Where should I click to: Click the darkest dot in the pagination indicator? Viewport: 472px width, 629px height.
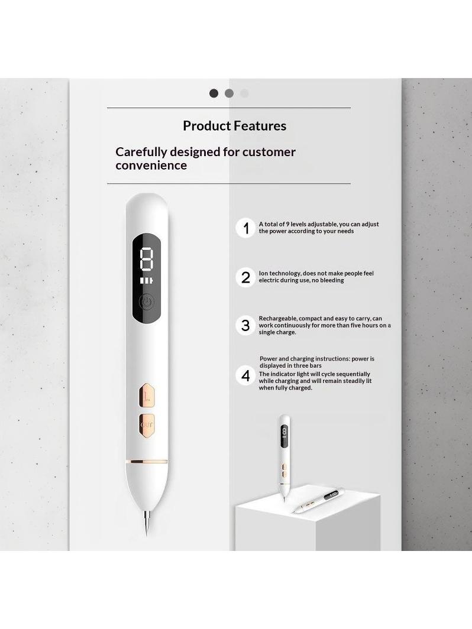(x=214, y=93)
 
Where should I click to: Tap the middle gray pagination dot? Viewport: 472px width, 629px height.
(x=229, y=93)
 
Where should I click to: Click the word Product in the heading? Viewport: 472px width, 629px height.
(x=207, y=126)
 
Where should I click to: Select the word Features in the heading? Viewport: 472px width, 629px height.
(x=260, y=126)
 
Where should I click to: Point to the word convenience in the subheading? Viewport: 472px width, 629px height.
(x=151, y=166)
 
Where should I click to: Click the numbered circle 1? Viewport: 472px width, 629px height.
(x=245, y=228)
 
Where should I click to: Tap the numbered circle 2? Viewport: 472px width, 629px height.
(x=245, y=277)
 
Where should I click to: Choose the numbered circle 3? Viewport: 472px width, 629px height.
(x=245, y=325)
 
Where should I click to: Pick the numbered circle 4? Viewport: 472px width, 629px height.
(x=245, y=376)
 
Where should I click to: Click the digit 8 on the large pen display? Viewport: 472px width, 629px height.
(x=147, y=258)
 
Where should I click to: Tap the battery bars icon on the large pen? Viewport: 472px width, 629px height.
(x=147, y=280)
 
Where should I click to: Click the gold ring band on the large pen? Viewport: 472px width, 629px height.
(x=147, y=462)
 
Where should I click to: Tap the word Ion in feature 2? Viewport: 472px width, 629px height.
(x=263, y=273)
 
